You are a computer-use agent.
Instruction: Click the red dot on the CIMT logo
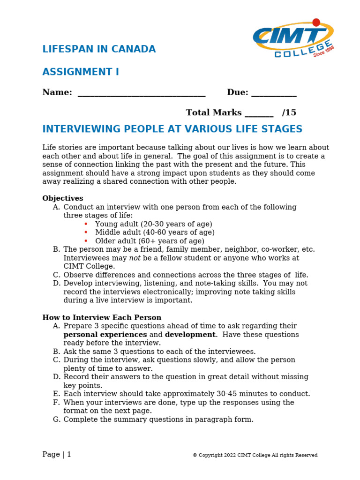(316, 22)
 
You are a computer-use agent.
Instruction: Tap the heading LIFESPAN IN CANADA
(99, 49)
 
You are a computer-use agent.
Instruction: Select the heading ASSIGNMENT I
(81, 72)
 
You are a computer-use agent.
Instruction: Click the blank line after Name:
(142, 93)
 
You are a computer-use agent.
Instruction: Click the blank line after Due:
(274, 93)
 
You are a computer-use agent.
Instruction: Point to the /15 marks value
(289, 112)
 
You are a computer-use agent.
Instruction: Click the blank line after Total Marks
(259, 113)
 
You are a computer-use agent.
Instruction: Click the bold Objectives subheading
(63, 198)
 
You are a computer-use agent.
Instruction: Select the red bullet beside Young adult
(86, 224)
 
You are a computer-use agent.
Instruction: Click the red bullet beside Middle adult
(86, 232)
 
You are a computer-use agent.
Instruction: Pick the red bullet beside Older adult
(86, 241)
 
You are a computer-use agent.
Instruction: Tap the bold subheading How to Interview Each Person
(102, 317)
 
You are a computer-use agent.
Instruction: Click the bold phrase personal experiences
(105, 335)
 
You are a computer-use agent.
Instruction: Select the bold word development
(190, 335)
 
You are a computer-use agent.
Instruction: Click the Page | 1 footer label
(57, 454)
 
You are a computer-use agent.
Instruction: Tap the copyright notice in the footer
(255, 455)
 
